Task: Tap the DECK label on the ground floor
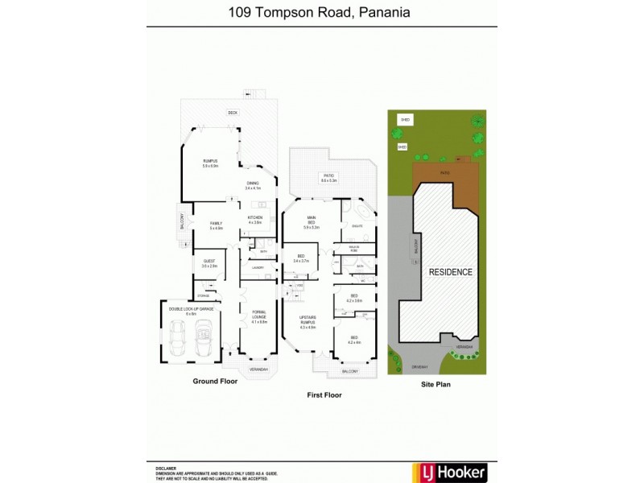coord(232,113)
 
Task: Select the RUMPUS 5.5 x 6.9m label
coord(210,163)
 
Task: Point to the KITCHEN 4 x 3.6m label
coord(255,219)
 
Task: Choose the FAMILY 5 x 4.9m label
coord(216,225)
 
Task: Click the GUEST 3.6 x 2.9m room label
coord(208,263)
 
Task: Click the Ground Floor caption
coord(215,382)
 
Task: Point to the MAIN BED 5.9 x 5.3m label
coord(311,221)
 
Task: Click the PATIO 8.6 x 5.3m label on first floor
coord(328,179)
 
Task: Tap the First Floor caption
coord(324,395)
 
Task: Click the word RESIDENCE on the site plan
coord(450,272)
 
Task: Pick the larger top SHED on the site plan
coord(405,120)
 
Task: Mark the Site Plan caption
coord(436,385)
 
